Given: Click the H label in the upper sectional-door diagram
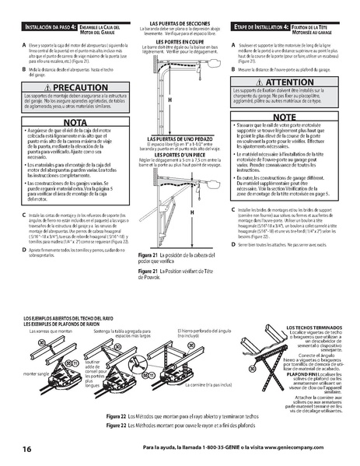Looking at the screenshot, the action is click(x=170, y=100).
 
